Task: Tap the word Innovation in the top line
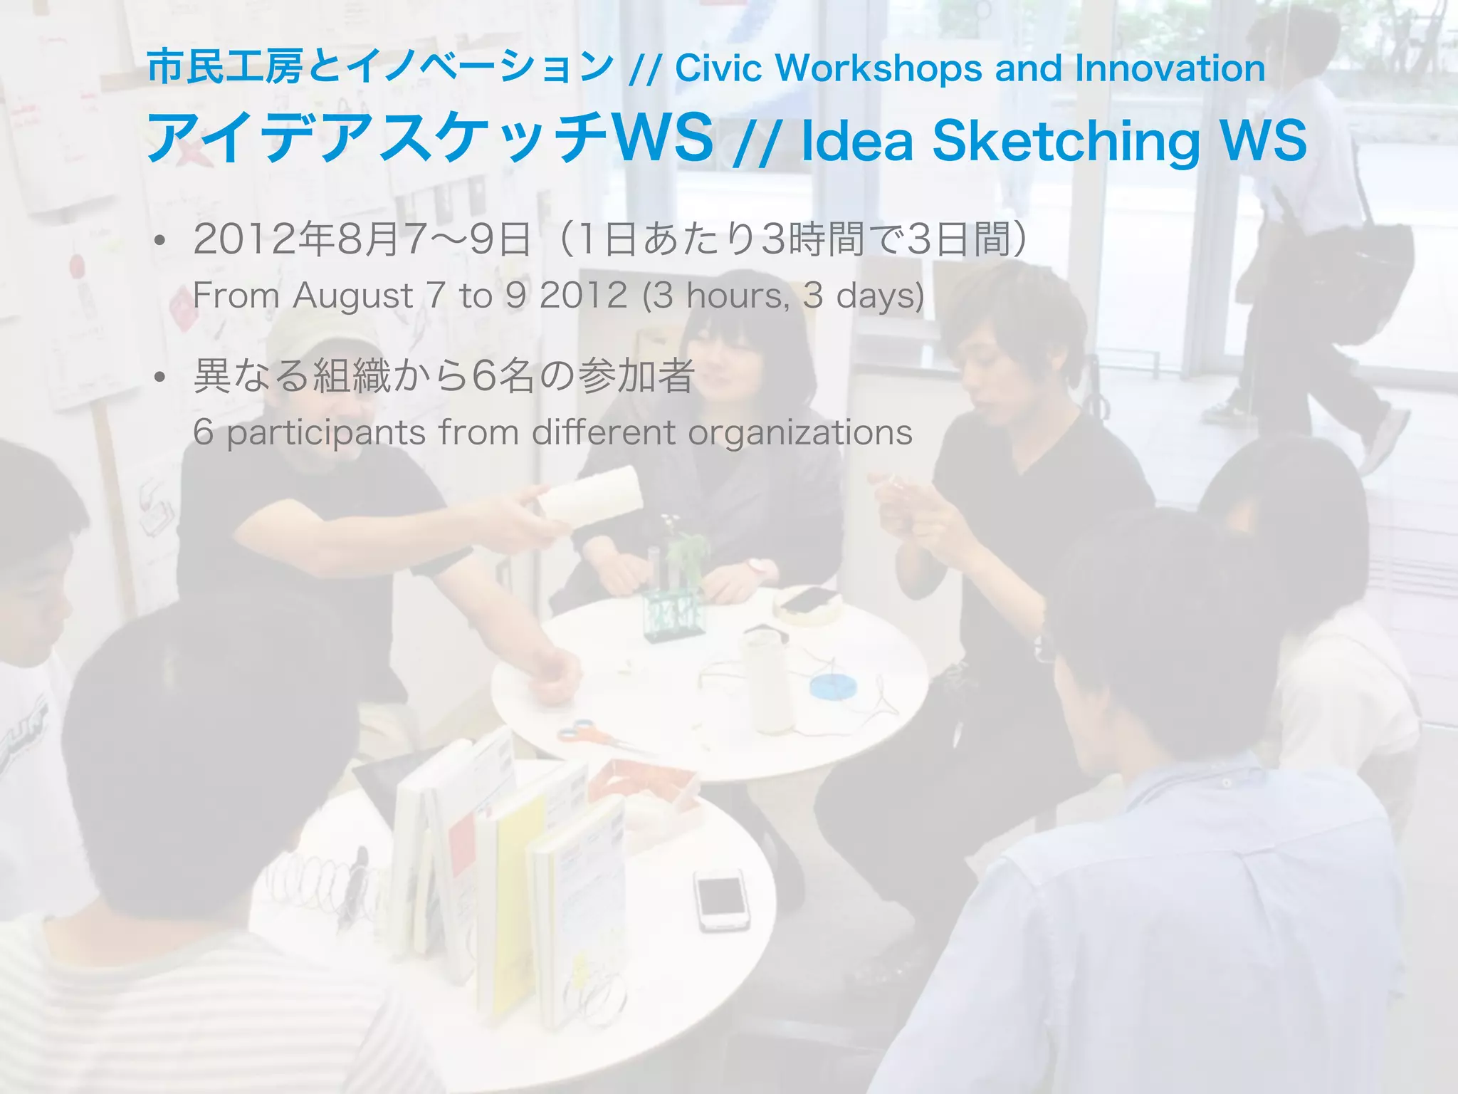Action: point(1170,68)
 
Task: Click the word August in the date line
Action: point(352,296)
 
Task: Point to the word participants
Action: point(325,433)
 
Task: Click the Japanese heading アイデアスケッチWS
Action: point(429,137)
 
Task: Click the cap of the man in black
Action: point(320,335)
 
